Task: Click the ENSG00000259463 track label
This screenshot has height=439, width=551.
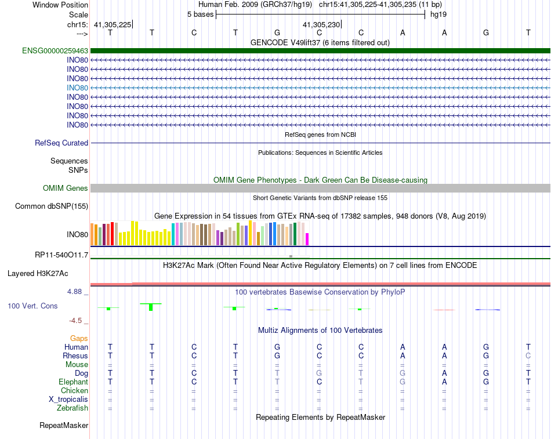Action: pyautogui.click(x=55, y=51)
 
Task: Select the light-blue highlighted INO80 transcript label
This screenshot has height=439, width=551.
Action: pyautogui.click(x=77, y=88)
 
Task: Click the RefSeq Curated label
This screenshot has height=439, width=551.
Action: pyautogui.click(x=61, y=143)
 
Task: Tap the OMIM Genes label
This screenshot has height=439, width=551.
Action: pyautogui.click(x=66, y=188)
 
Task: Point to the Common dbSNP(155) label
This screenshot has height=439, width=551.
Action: pyautogui.click(x=52, y=206)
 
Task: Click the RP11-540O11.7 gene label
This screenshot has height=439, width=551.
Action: pyautogui.click(x=61, y=255)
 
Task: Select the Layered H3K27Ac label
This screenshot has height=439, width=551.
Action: pyautogui.click(x=38, y=273)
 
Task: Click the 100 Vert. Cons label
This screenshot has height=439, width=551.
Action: pyautogui.click(x=32, y=306)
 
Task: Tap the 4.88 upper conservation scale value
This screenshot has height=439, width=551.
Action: pyautogui.click(x=74, y=292)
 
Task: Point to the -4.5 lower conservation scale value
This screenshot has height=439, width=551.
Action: pyautogui.click(x=76, y=320)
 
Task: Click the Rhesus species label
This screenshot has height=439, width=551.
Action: pyautogui.click(x=75, y=355)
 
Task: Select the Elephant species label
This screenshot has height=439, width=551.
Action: pyautogui.click(x=73, y=382)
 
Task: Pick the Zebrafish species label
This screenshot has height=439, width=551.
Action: pyautogui.click(x=72, y=408)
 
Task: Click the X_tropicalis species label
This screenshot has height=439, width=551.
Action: pyautogui.click(x=68, y=400)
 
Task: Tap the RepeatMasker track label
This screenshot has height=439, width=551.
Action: pyautogui.click(x=64, y=426)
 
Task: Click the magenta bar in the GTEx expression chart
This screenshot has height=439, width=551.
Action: pyautogui.click(x=307, y=239)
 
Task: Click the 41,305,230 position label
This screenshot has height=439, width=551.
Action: pyautogui.click(x=321, y=25)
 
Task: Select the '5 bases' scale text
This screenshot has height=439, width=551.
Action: pyautogui.click(x=200, y=14)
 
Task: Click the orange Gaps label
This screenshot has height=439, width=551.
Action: pyautogui.click(x=79, y=338)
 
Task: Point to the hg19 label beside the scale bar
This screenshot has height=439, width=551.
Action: pyautogui.click(x=438, y=14)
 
